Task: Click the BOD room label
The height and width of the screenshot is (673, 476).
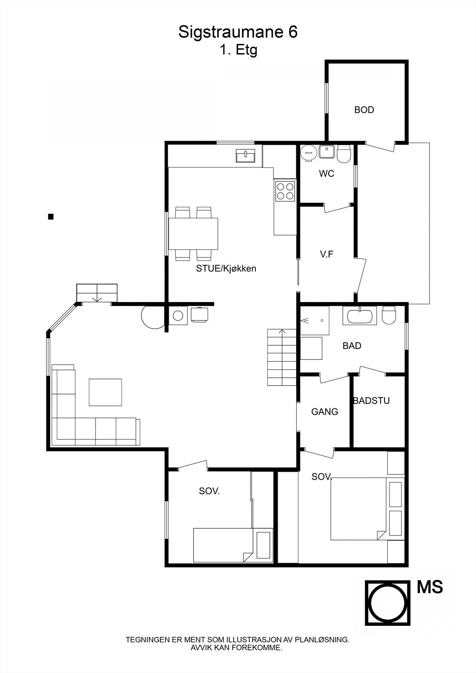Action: [364, 110]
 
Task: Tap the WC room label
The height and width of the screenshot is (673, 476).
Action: [327, 174]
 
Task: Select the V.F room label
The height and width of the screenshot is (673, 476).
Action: [327, 254]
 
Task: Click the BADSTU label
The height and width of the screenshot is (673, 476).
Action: [371, 401]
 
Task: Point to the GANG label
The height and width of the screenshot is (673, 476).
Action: [324, 412]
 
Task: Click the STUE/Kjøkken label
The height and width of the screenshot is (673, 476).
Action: [226, 268]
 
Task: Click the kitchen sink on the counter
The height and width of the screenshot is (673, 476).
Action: [245, 156]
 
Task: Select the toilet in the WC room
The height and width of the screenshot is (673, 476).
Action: [344, 154]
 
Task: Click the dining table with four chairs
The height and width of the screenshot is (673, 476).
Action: [193, 233]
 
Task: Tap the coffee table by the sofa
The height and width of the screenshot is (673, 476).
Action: [105, 392]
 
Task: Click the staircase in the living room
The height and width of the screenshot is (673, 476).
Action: [282, 358]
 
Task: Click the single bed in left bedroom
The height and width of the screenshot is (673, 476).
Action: [221, 545]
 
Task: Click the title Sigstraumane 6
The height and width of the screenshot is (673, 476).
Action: [238, 32]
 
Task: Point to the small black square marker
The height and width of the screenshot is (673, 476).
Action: [51, 217]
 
